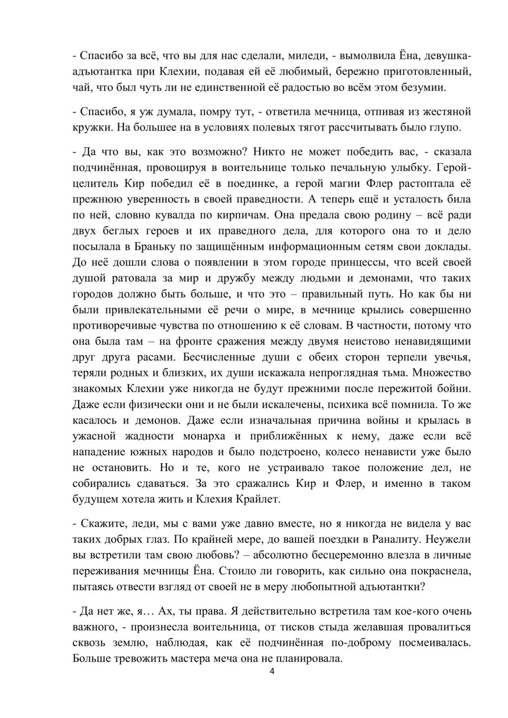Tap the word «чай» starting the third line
[81, 87]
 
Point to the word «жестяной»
[446, 111]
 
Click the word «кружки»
[92, 127]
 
